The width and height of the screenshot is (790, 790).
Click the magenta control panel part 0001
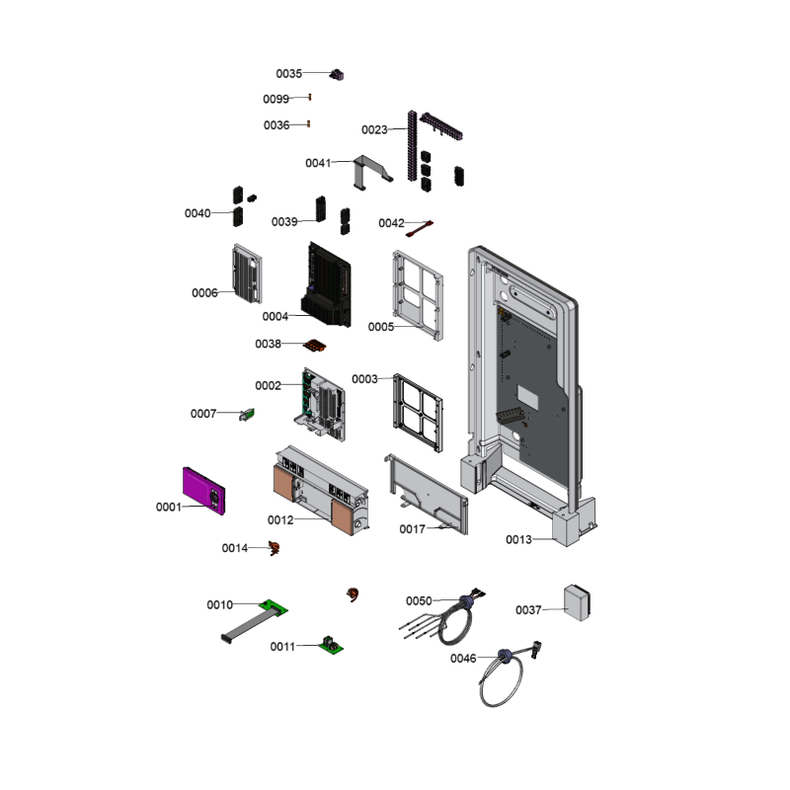coord(203,491)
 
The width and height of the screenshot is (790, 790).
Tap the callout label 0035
coord(288,73)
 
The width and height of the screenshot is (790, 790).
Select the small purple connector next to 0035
coord(337,75)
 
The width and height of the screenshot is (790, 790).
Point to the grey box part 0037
coord(577,602)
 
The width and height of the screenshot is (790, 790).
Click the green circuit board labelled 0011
coord(331,645)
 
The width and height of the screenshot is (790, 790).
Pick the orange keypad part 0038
coord(315,346)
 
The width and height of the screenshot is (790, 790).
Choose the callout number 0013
coord(519,539)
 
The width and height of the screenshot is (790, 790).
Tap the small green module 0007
coord(247,415)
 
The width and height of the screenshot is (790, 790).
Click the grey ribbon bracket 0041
coord(372,172)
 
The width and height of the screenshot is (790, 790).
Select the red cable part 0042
coord(420,229)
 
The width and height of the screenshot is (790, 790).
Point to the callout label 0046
coord(463,659)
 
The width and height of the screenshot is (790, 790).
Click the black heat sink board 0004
coord(326,284)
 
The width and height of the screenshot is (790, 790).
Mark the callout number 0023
coord(374,130)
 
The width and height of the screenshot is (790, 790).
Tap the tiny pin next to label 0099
coord(310,97)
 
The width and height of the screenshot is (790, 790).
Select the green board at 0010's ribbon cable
coord(274,607)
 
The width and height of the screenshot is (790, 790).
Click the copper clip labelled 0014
coord(275,548)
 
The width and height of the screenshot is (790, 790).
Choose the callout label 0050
coord(419,601)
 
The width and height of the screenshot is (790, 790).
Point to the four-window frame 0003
coord(418,413)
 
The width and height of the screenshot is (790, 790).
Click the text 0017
coord(412,529)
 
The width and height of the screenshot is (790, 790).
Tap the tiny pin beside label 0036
coord(309,124)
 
